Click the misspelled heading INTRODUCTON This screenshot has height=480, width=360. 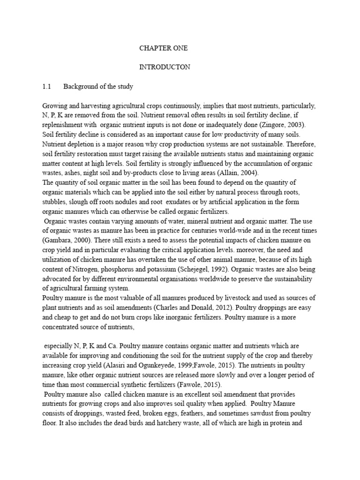pyautogui.click(x=165, y=67)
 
